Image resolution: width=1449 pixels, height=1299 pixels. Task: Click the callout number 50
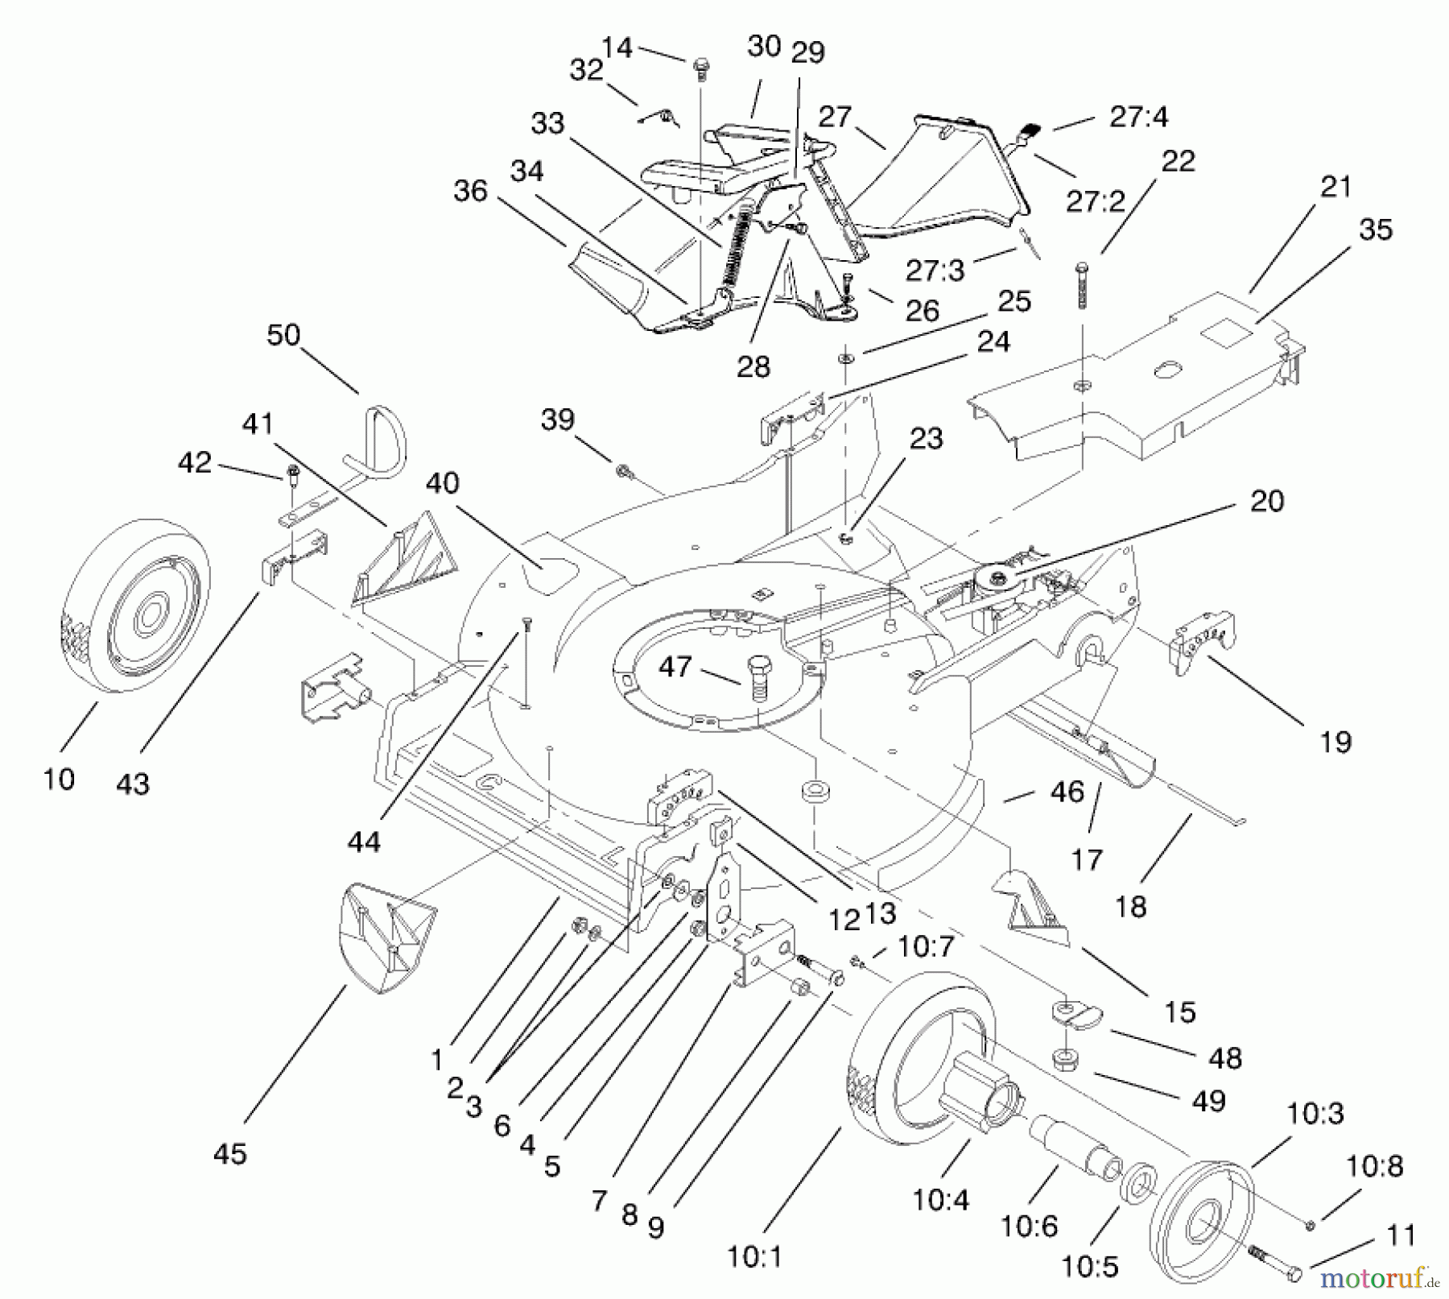tap(283, 335)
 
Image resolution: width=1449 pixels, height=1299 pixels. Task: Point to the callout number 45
tap(229, 1153)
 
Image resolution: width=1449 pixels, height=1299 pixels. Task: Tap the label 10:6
tap(1028, 1226)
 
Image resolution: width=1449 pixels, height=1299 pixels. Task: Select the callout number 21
tap(1335, 187)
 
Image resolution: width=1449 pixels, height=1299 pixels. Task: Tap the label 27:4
tap(1138, 117)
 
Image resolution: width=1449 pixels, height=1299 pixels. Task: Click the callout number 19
tap(1335, 742)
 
